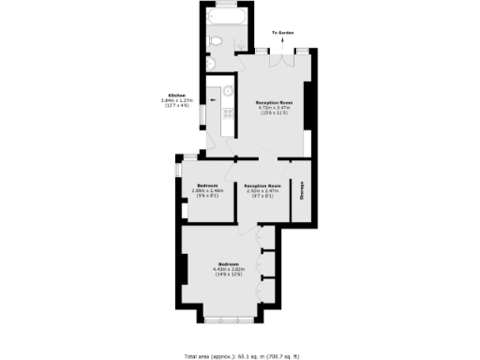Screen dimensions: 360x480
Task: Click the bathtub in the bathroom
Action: (x=226, y=20)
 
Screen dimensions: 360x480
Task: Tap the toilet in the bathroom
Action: (x=217, y=40)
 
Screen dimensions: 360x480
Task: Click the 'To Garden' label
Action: (x=284, y=33)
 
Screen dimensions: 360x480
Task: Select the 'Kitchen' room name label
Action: (x=176, y=95)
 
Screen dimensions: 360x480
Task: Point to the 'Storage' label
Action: (x=302, y=191)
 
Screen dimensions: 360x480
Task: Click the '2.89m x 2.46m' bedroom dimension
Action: (x=206, y=190)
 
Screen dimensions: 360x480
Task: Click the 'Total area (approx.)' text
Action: (x=208, y=356)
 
